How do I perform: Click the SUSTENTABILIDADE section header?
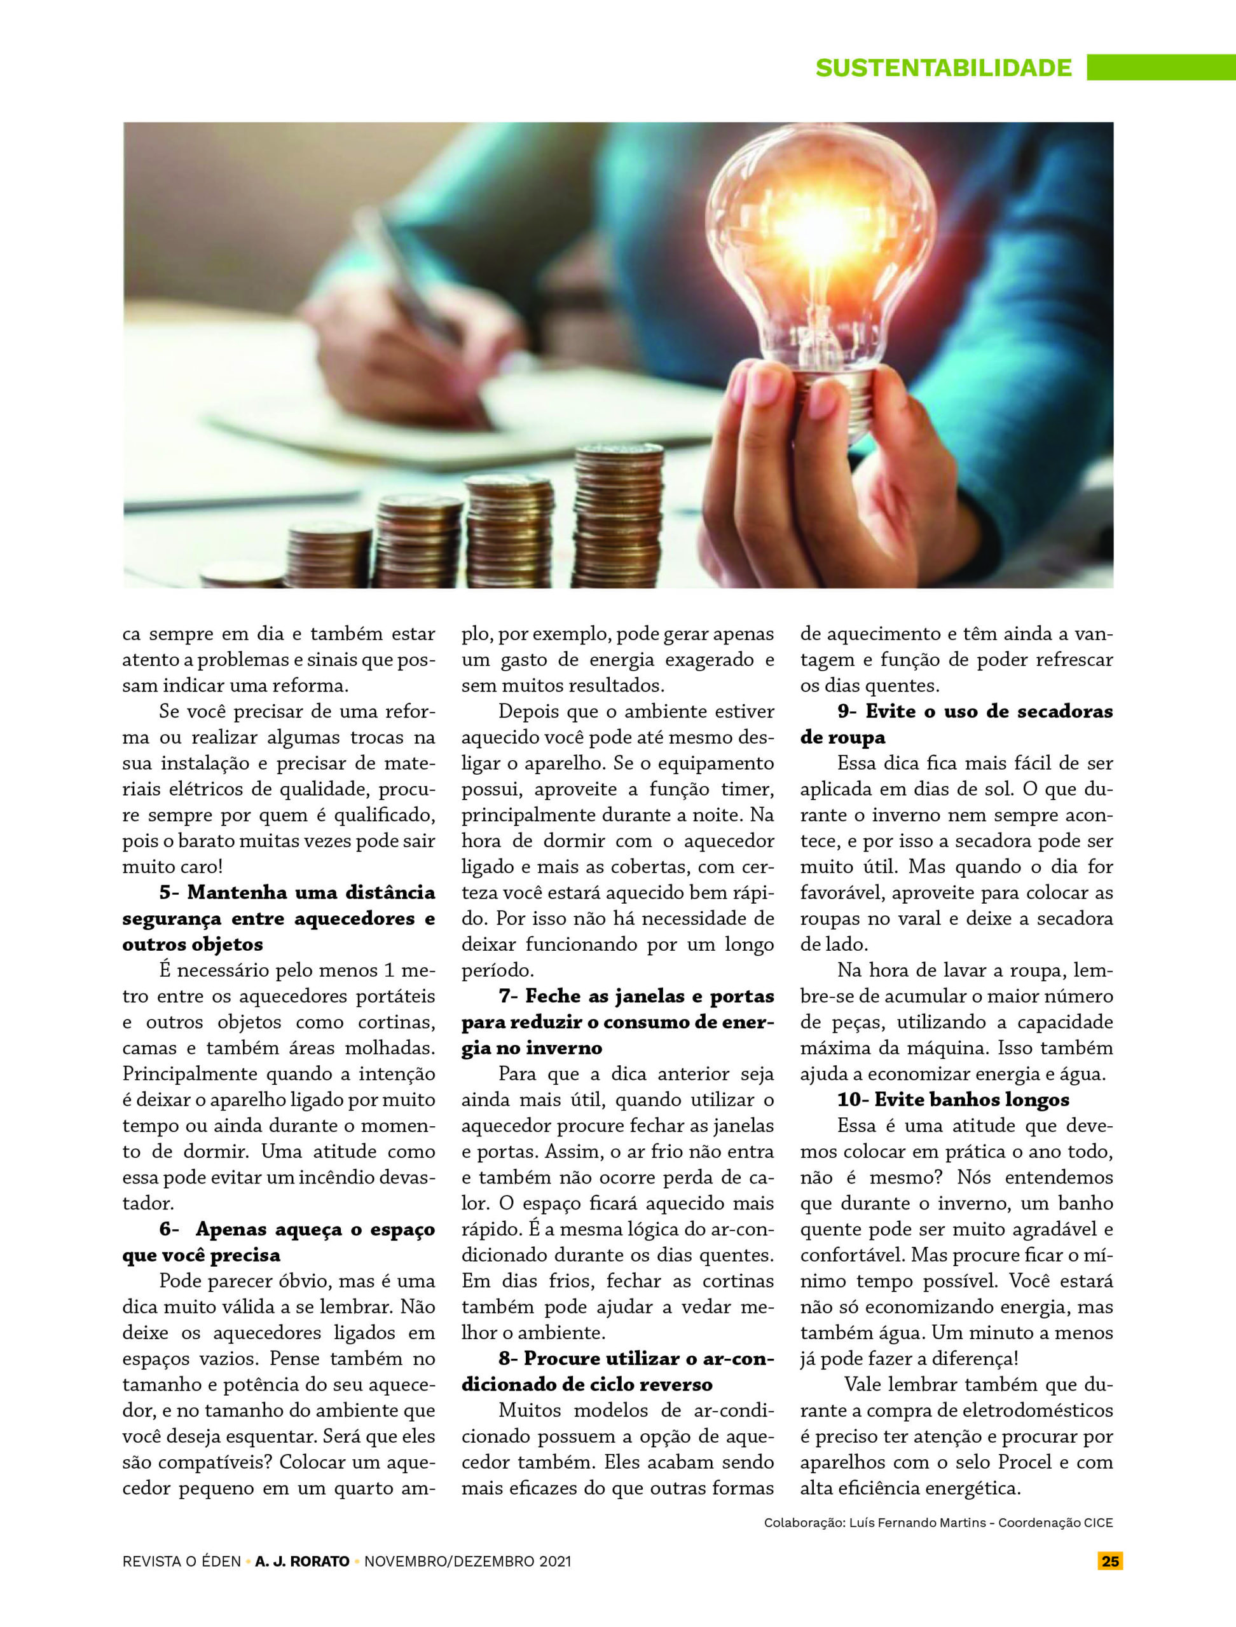pyautogui.click(x=943, y=67)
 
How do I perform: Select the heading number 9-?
pyautogui.click(x=847, y=711)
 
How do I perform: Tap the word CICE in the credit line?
pyautogui.click(x=1097, y=1523)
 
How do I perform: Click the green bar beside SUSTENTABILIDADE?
pyautogui.click(x=1161, y=67)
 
